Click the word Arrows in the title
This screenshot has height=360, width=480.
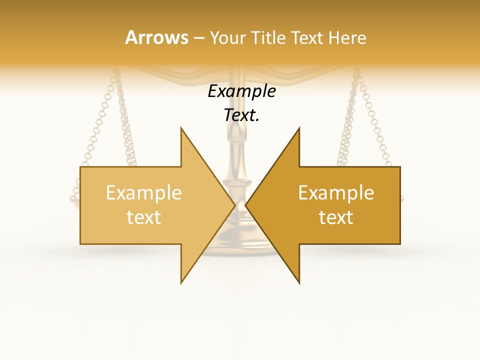(x=156, y=37)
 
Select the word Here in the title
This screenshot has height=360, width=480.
(x=347, y=38)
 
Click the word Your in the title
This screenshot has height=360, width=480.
(x=227, y=38)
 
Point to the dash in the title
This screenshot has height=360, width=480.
(x=199, y=38)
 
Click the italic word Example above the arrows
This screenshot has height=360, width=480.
(x=242, y=91)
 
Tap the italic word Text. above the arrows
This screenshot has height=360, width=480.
(x=242, y=115)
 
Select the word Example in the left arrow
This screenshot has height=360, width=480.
(x=144, y=193)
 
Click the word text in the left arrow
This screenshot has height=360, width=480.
(x=144, y=217)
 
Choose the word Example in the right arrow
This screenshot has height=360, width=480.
(x=336, y=193)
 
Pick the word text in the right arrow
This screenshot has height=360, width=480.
(x=336, y=217)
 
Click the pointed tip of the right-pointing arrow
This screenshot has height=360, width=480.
(x=235, y=205)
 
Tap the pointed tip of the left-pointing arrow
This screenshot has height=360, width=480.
(x=246, y=205)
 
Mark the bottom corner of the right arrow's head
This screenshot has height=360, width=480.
(x=299, y=283)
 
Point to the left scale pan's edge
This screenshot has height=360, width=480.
(x=73, y=200)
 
